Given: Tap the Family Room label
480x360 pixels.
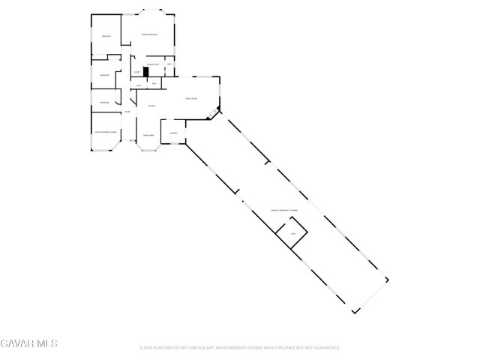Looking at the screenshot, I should tap(191, 98).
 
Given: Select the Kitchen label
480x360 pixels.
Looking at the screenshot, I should tap(151, 106).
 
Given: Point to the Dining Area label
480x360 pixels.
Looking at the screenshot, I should tap(148, 135).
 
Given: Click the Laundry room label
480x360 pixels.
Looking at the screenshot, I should tap(173, 133).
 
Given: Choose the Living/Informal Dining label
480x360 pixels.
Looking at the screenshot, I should tap(106, 132).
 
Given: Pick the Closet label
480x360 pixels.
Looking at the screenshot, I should tap(137, 72).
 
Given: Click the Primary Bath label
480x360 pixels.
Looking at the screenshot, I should tap(153, 65).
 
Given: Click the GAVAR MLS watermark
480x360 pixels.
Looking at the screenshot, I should tap(29, 343).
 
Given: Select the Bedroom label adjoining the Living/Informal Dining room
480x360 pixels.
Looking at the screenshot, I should tap(104, 102).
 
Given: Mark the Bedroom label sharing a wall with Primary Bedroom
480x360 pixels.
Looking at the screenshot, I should tap(106, 36).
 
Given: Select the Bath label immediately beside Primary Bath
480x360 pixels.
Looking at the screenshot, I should tap(170, 65).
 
